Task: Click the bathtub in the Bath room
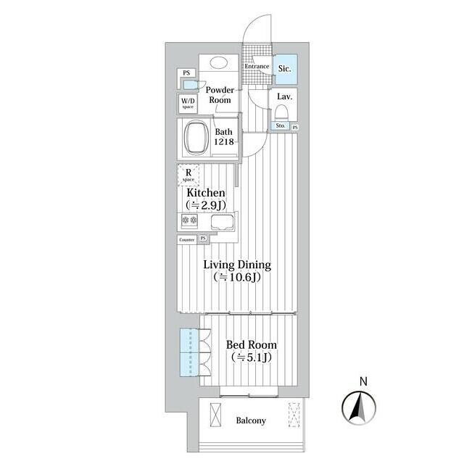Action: tap(196, 138)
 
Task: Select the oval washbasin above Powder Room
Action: tap(219, 63)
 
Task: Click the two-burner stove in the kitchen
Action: tap(189, 220)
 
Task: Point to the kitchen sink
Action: tap(222, 223)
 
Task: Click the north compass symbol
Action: tap(359, 407)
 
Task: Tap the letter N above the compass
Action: tap(363, 381)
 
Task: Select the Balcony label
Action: tap(251, 420)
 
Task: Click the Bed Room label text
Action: tap(252, 345)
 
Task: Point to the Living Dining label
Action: tap(237, 265)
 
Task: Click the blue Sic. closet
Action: tap(285, 70)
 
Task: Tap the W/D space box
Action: tap(188, 103)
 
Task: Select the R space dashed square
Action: tap(188, 175)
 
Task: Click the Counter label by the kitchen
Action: tap(187, 240)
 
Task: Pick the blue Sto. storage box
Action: tap(281, 125)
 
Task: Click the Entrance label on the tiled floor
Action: tap(257, 66)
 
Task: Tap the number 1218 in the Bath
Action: tap(224, 142)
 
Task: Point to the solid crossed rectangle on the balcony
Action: tap(215, 414)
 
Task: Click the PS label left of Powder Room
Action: tap(186, 72)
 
